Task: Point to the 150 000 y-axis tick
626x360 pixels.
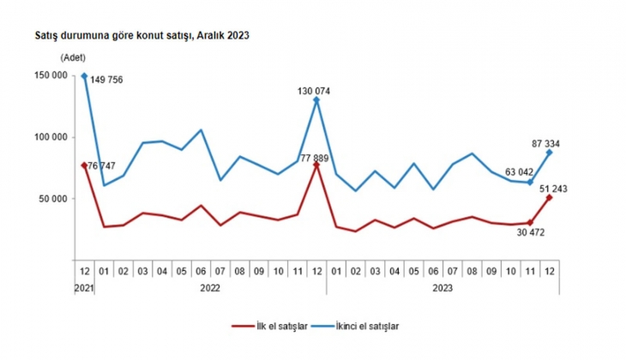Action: click(50, 75)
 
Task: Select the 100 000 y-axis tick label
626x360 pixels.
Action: click(50, 137)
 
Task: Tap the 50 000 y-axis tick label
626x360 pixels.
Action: click(52, 199)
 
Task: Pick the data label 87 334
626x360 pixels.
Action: click(546, 143)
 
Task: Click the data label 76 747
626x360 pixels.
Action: click(102, 166)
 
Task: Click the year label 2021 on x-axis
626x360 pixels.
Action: click(83, 288)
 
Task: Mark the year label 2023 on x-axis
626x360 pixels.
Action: click(443, 288)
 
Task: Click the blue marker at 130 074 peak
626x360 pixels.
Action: click(317, 100)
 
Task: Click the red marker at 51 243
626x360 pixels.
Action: click(550, 198)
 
